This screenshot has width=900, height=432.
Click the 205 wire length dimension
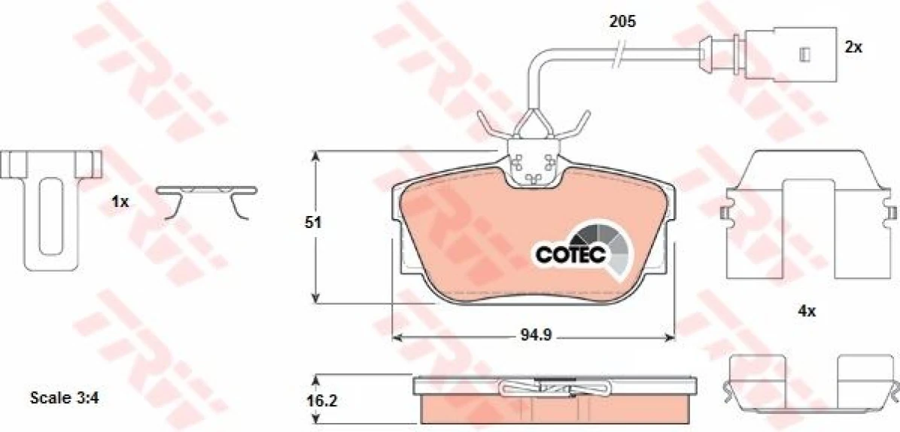(622, 23)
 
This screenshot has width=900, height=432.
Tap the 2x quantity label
(853, 47)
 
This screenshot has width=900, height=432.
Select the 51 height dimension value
(313, 224)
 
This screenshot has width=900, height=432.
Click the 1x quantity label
(120, 202)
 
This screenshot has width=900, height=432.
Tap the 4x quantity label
(807, 312)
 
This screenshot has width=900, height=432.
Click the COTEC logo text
(570, 254)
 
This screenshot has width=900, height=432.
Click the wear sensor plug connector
(790, 53)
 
